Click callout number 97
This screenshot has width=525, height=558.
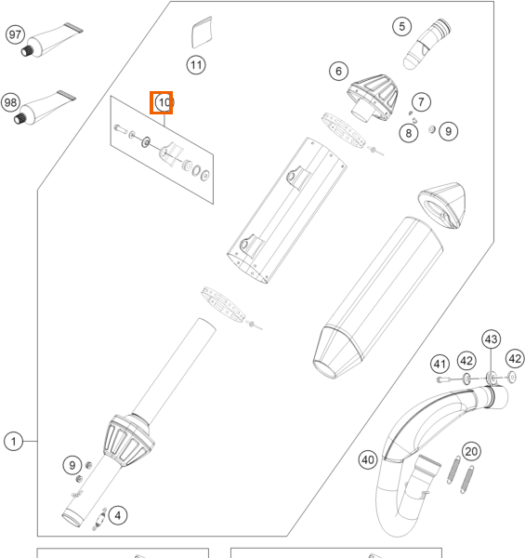[x=15, y=35]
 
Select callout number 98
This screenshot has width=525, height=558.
[x=10, y=103]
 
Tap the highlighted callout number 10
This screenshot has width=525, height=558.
[x=164, y=103]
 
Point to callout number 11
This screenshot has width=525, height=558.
[x=196, y=65]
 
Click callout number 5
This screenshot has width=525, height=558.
[x=402, y=26]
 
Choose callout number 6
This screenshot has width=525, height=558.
[x=338, y=72]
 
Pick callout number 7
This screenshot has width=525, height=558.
[x=421, y=102]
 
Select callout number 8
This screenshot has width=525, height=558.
[x=409, y=133]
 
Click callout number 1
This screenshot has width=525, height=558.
[x=14, y=442]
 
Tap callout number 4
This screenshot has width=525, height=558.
[x=118, y=515]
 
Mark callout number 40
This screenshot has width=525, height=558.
[x=368, y=459]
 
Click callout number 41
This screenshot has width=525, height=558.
[x=440, y=364]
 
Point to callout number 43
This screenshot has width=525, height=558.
[x=492, y=339]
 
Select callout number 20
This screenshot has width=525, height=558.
[x=471, y=452]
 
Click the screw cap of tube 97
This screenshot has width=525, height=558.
[x=27, y=51]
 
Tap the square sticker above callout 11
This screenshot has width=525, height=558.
[x=202, y=33]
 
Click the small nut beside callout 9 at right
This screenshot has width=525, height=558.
[x=432, y=129]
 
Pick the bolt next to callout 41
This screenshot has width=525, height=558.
[x=443, y=379]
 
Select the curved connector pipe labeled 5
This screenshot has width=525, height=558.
[x=427, y=44]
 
